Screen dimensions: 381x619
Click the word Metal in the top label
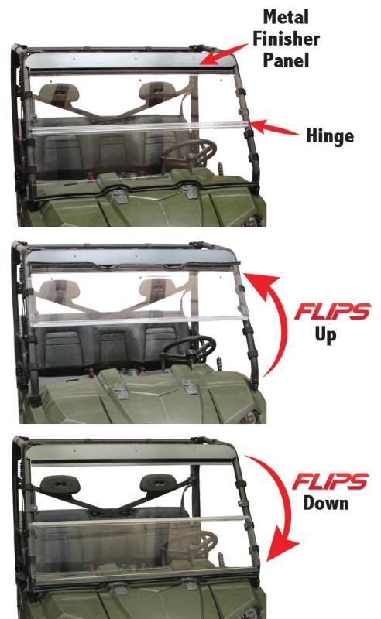(x=286, y=17)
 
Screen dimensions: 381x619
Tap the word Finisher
(x=287, y=39)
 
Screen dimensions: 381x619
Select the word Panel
(x=287, y=60)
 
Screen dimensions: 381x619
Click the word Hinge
(x=330, y=137)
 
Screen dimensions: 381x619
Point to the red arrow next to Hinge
(x=274, y=128)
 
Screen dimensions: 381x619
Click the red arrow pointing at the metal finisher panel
(x=223, y=54)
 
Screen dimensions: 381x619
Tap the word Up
(x=326, y=335)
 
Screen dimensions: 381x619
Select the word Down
(x=326, y=504)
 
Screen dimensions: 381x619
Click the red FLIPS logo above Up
(x=332, y=312)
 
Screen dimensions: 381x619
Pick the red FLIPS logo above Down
(x=331, y=481)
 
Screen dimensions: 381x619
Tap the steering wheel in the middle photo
(x=189, y=351)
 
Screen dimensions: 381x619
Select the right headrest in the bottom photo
(x=159, y=484)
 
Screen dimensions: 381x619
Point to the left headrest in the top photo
(x=60, y=93)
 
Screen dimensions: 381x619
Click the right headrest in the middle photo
(x=159, y=288)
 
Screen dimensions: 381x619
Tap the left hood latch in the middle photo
(x=121, y=392)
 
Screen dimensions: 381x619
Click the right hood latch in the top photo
(x=190, y=191)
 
